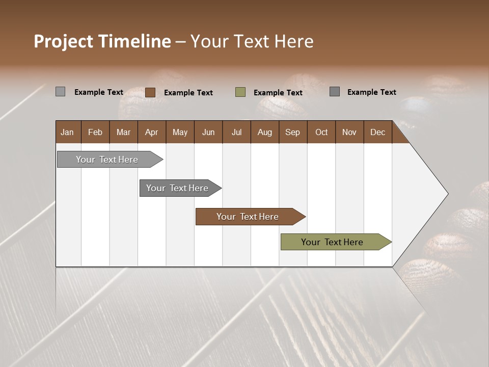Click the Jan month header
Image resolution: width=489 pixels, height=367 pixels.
coord(68,132)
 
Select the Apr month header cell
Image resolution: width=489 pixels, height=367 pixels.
coord(152,132)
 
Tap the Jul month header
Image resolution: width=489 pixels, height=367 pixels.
coord(236,132)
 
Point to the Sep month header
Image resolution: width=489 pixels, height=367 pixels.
coord(292,132)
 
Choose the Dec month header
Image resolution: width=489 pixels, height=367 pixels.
coord(377,132)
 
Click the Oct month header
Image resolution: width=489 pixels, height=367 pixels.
coord(321,132)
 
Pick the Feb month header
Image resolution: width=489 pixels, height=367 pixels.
coord(95,132)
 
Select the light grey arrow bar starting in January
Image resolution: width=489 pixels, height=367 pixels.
coord(107,160)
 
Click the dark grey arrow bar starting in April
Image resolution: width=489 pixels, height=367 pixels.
coord(177,188)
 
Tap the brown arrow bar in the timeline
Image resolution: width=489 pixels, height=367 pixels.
coord(248,217)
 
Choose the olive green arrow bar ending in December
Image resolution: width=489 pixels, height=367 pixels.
coord(332,242)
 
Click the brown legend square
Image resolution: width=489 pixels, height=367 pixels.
coord(150,92)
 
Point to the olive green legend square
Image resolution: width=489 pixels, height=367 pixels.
coord(240,92)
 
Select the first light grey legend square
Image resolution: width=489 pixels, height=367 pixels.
coord(60,92)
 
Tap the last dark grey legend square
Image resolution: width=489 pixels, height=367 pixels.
coord(335,92)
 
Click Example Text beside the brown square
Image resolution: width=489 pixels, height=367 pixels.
coord(188,93)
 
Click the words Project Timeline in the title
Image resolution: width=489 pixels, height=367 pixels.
coord(102,41)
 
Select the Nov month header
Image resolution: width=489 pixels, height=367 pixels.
coord(349,132)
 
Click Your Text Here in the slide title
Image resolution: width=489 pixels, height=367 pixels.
coord(252,41)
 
